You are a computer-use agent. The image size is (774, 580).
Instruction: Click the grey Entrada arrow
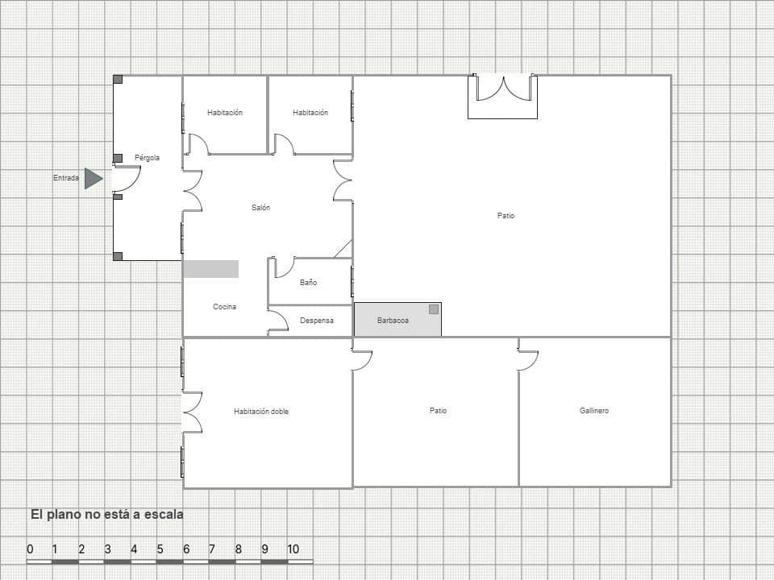coord(93,178)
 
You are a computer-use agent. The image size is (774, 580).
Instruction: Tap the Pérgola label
coord(147,158)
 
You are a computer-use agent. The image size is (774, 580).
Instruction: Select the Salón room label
coord(260,208)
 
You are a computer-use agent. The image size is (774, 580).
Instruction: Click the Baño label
coord(308,283)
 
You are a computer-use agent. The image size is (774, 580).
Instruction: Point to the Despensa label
coord(316,321)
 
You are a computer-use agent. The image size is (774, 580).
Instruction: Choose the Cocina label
coord(224,307)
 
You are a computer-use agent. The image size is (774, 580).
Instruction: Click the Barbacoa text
coord(393,321)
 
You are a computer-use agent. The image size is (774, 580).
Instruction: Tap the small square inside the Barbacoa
coord(433,309)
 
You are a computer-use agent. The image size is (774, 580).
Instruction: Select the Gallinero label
coord(594,411)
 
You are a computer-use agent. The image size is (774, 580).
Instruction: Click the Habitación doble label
coord(261,412)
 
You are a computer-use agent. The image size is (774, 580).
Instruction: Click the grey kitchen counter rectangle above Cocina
coord(210,269)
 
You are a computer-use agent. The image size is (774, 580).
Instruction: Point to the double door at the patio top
coord(503,88)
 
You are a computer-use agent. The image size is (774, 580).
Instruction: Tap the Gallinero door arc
coord(528,361)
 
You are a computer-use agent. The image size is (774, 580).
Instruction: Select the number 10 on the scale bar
coord(293,549)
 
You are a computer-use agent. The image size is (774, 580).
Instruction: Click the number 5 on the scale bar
coord(160,549)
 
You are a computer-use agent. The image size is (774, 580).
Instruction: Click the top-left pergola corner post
coord(118,80)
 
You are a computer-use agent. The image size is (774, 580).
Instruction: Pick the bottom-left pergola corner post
coord(118,256)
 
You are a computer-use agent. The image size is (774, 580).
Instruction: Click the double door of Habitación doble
coord(192,412)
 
